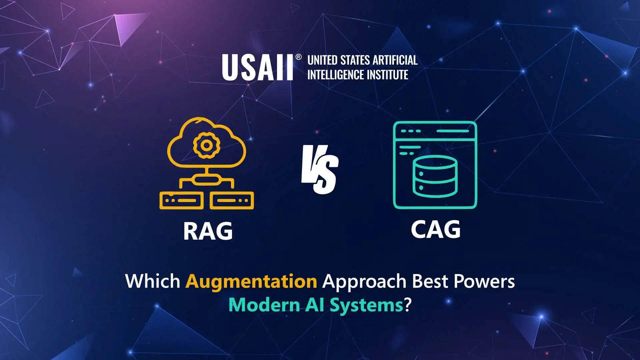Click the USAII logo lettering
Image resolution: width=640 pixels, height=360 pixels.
point(257,68)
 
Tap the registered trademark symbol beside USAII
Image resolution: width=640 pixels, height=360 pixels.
point(299,57)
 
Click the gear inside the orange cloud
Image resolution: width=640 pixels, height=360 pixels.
point(206,145)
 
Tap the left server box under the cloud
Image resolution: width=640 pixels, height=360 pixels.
point(181,200)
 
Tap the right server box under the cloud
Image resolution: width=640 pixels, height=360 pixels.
point(232,200)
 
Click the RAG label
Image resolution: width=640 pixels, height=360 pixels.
point(208,231)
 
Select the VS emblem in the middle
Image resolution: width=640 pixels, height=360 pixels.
point(320,169)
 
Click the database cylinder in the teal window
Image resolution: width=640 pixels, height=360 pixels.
point(435,176)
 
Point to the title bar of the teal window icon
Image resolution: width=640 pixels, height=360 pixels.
point(435,131)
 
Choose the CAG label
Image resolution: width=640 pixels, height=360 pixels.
point(435,229)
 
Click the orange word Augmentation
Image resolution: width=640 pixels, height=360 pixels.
point(251,281)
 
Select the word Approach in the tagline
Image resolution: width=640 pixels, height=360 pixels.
point(365,282)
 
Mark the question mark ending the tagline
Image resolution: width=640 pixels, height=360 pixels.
point(408,305)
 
